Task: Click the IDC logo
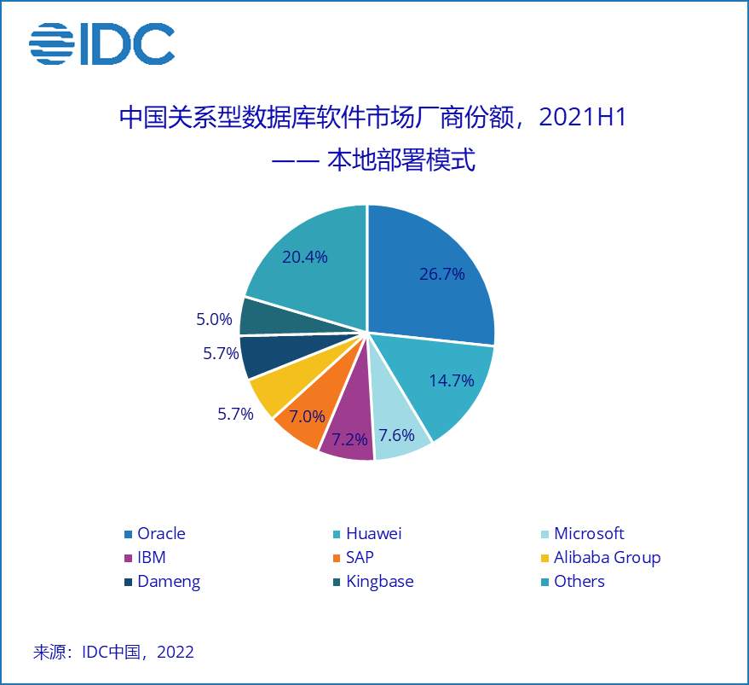pyautogui.click(x=101, y=44)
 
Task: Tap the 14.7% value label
pyautogui.click(x=452, y=380)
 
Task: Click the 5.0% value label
pyautogui.click(x=214, y=319)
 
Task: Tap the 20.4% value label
pyautogui.click(x=305, y=258)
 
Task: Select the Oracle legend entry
pyautogui.click(x=155, y=533)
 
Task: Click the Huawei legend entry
pyautogui.click(x=367, y=533)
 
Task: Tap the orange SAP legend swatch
pyautogui.click(x=337, y=558)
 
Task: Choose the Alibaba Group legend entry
pyautogui.click(x=601, y=558)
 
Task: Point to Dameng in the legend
pyautogui.click(x=163, y=582)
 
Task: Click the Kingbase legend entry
pyautogui.click(x=373, y=582)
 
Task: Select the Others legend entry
pyautogui.click(x=573, y=582)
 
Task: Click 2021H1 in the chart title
pyautogui.click(x=582, y=117)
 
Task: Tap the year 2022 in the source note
pyautogui.click(x=176, y=652)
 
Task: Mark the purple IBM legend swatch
pyautogui.click(x=128, y=558)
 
